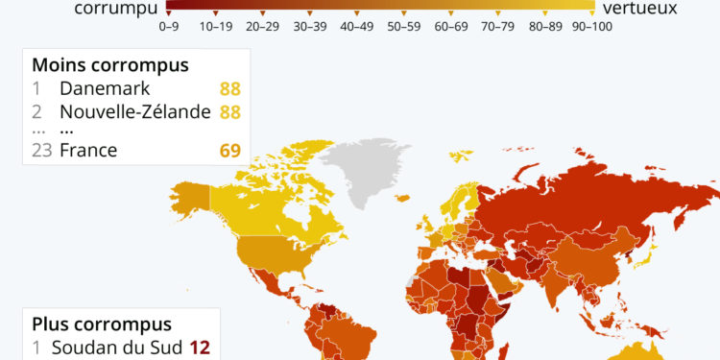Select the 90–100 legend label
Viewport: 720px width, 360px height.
click(592, 26)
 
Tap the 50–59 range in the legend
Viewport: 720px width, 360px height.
click(403, 26)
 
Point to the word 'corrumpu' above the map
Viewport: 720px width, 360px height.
click(113, 9)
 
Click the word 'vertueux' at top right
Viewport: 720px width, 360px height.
click(639, 9)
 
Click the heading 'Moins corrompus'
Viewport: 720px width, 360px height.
click(110, 65)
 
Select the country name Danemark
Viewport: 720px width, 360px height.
click(103, 89)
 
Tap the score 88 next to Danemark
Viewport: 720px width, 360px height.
click(228, 89)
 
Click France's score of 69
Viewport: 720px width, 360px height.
click(228, 150)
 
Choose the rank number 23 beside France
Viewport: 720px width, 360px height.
click(42, 150)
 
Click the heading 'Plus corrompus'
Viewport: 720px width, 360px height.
click(102, 324)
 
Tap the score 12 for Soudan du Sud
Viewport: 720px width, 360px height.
click(199, 348)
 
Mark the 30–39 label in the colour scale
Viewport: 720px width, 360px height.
click(309, 26)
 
